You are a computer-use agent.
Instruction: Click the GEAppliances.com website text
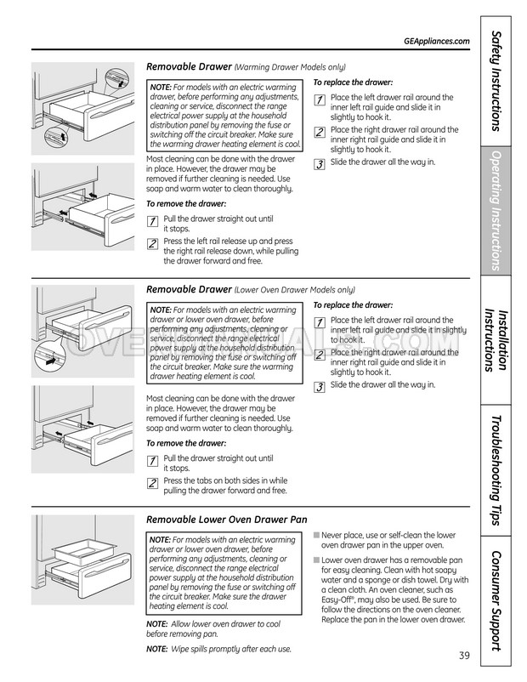point(437,42)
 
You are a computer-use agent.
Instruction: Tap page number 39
point(464,655)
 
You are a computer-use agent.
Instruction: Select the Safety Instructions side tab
point(496,81)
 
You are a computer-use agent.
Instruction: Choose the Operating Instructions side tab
point(496,211)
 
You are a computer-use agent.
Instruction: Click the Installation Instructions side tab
point(496,339)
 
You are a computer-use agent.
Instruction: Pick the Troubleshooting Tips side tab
point(496,470)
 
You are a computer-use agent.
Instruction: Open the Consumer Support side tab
point(496,601)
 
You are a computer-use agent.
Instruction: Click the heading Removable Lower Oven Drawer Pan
point(227,520)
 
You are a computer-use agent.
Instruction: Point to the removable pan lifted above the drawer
point(79,548)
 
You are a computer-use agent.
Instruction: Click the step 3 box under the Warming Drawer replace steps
point(320,164)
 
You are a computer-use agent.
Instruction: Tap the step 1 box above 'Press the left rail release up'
point(152,221)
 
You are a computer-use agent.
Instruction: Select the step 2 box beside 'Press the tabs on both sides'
point(152,483)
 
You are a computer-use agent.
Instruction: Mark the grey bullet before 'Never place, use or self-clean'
point(316,535)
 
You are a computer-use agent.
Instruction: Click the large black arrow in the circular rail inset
point(50,361)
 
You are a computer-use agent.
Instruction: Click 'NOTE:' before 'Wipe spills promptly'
point(157,649)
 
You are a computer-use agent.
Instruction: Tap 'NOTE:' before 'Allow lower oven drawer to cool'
point(157,623)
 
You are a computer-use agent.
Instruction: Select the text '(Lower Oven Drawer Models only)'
point(295,290)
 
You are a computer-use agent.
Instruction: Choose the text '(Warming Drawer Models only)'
point(290,67)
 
